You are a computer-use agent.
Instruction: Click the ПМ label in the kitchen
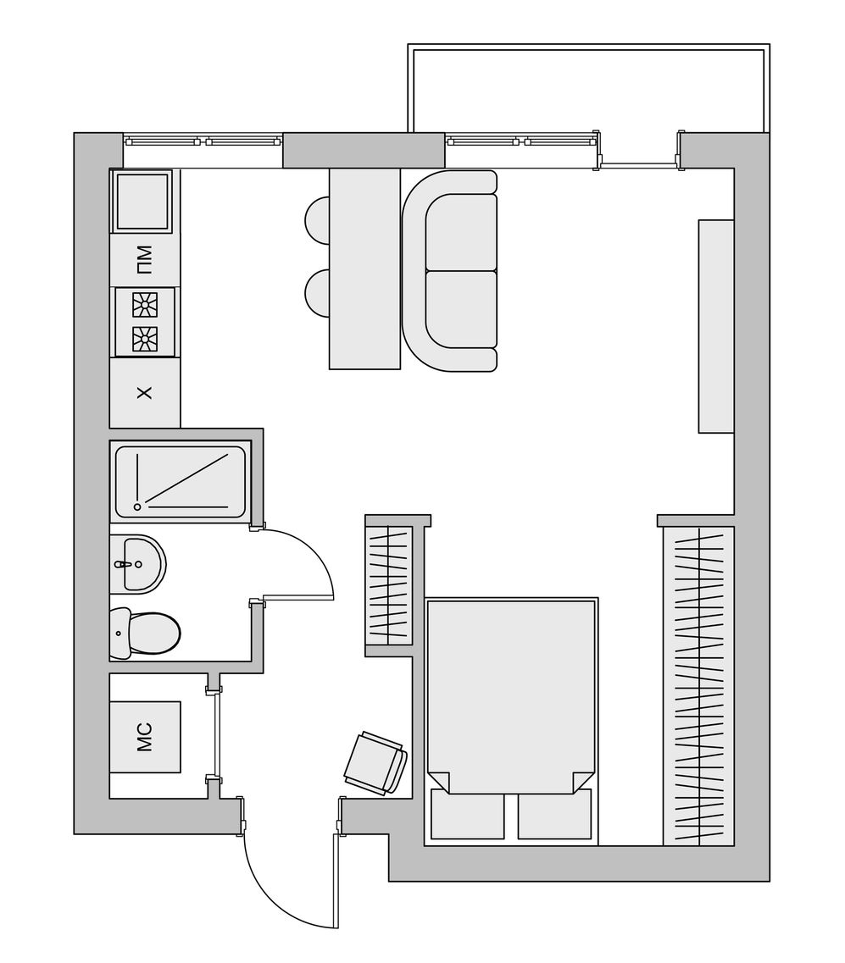point(144,260)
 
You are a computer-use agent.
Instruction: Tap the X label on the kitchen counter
point(144,392)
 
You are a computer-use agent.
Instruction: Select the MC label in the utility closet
point(144,737)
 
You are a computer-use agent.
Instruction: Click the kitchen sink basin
point(140,202)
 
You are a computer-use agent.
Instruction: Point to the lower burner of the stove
point(146,339)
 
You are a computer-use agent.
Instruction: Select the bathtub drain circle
point(137,506)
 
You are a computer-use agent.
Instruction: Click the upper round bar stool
point(318,220)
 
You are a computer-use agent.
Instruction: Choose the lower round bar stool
point(318,293)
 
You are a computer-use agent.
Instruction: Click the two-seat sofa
point(449,271)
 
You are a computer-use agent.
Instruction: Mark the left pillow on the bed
point(468,814)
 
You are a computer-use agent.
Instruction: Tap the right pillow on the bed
point(554,814)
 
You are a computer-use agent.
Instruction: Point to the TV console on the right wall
point(716,326)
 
